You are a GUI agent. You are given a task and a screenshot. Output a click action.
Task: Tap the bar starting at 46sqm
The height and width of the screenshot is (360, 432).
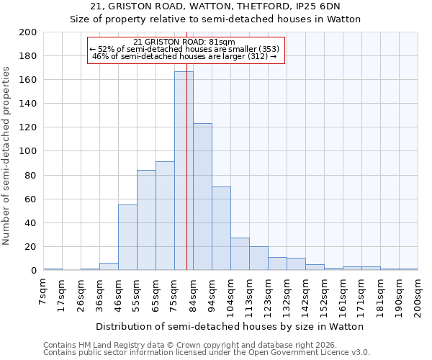(x=127, y=238)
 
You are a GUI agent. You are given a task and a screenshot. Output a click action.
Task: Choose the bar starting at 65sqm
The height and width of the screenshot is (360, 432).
(x=165, y=216)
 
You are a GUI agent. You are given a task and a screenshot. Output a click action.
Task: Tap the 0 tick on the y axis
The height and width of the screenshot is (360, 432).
(x=33, y=271)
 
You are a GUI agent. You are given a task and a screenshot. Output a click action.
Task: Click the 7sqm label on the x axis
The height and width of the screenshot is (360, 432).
(x=44, y=294)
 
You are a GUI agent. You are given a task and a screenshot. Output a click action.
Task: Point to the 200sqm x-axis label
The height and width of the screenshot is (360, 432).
(x=418, y=296)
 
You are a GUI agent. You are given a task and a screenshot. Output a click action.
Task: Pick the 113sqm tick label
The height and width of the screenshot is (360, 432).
(x=250, y=296)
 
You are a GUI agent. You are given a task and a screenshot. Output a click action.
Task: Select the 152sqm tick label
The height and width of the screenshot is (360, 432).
(x=325, y=296)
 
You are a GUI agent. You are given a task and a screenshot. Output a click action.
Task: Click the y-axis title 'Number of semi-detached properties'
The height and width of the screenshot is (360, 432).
(x=7, y=156)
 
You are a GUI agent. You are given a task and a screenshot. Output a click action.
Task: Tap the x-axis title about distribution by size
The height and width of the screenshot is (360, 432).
(x=230, y=326)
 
